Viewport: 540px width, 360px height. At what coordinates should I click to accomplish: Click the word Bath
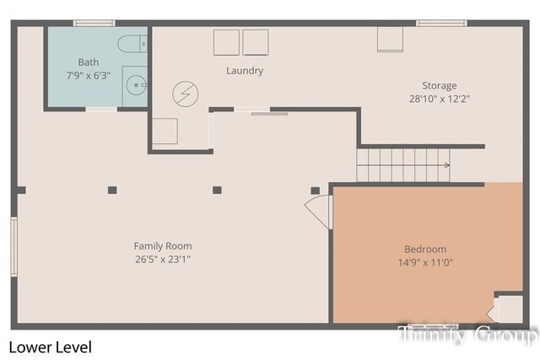[89, 62]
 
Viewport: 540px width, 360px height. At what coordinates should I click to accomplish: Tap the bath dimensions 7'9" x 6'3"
[89, 74]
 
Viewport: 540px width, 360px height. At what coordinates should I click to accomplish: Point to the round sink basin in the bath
[135, 84]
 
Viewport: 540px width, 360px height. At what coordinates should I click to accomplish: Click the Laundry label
[245, 71]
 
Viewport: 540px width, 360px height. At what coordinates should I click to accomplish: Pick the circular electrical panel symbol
[183, 93]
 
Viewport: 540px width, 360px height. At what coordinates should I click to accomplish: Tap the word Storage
[440, 85]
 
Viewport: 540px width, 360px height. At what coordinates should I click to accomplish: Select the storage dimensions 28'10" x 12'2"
[440, 98]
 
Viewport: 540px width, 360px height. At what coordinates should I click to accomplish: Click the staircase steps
[397, 164]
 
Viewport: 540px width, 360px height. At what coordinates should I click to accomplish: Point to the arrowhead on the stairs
[446, 165]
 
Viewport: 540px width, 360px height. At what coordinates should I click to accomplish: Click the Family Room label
[163, 246]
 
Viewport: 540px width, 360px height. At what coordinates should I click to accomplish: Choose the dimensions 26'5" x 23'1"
[163, 259]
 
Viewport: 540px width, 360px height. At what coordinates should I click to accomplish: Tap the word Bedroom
[426, 249]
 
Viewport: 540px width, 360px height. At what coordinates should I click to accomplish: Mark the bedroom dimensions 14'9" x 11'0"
[426, 261]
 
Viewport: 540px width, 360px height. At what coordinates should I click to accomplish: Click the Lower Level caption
[50, 347]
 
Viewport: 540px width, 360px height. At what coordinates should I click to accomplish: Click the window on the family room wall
[13, 246]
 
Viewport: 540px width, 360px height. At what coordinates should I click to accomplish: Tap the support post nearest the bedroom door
[315, 191]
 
